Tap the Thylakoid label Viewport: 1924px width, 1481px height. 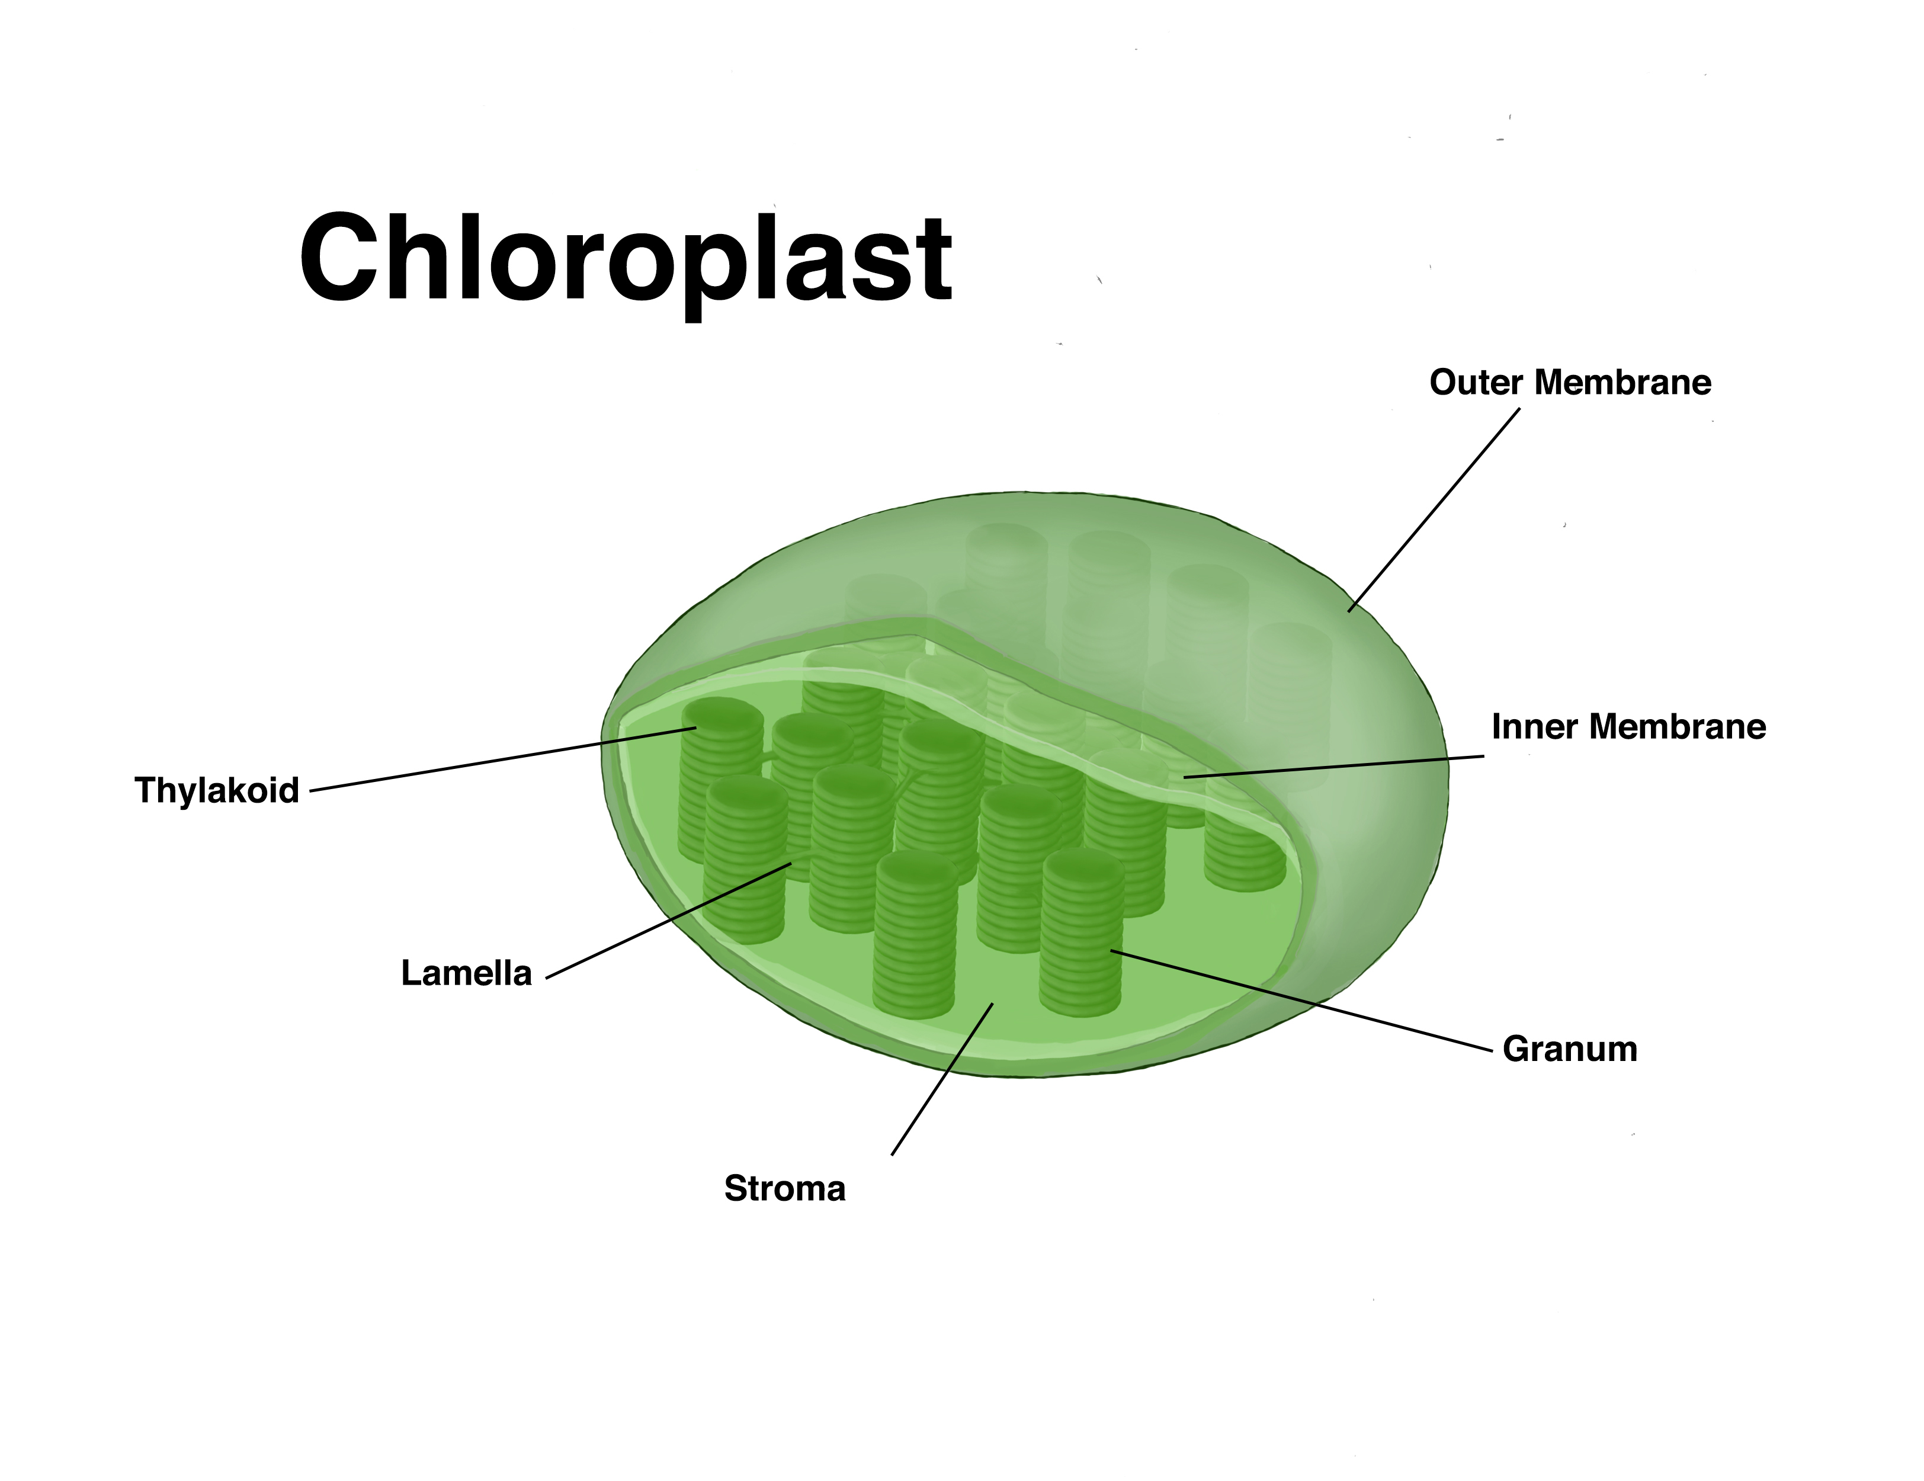(217, 790)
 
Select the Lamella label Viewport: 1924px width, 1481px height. (466, 973)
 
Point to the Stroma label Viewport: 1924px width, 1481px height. (784, 1188)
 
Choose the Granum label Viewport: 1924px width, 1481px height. (1570, 1049)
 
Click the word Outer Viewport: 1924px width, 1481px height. (1476, 382)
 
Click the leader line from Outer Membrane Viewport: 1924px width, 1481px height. (1434, 509)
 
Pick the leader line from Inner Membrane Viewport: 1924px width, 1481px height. (1334, 767)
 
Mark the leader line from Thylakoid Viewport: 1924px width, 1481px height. (502, 759)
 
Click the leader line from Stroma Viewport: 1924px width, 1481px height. (942, 1078)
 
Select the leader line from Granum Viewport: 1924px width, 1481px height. (1302, 1000)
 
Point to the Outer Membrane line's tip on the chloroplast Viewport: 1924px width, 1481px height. (1349, 611)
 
